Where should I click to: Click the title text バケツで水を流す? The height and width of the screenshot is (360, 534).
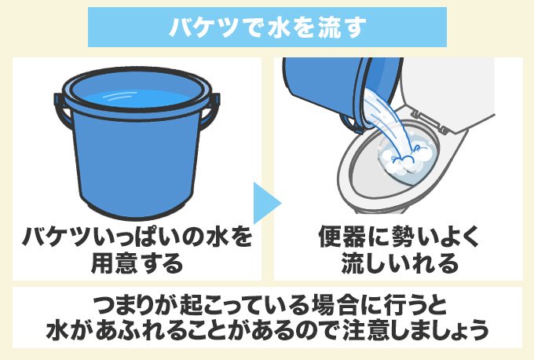(x=267, y=28)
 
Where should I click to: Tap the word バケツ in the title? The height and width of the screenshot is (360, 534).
(x=198, y=28)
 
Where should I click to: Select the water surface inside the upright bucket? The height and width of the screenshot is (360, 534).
(x=133, y=100)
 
